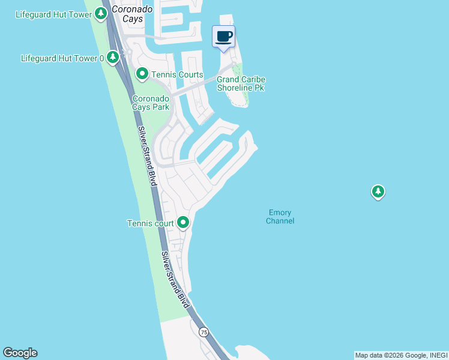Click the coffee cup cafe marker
[224, 37]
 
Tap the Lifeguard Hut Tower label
[53, 14]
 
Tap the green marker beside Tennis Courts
[142, 74]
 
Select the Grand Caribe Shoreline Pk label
[241, 83]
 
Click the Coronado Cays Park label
[151, 103]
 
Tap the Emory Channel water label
[280, 217]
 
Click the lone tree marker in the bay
[378, 192]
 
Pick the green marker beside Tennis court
[183, 223]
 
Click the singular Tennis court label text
[150, 224]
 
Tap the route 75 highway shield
[204, 332]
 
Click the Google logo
[20, 353]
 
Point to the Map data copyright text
[400, 355]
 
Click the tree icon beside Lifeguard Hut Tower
[100, 13]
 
